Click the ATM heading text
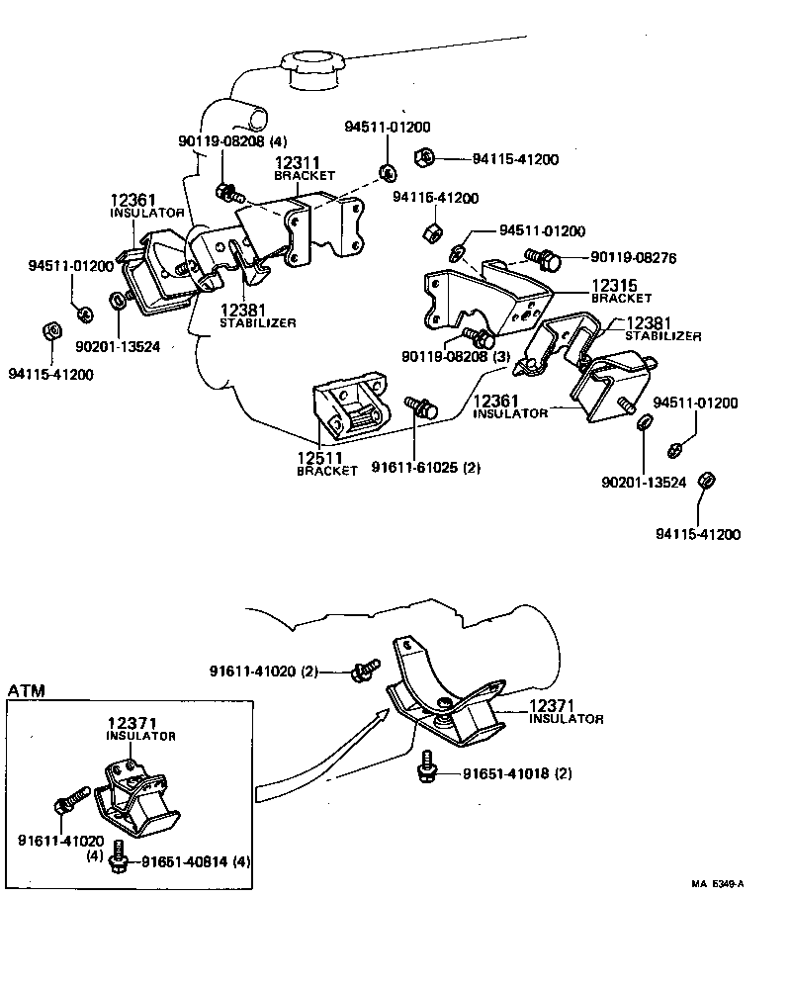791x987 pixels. click(27, 689)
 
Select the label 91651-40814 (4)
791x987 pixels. click(196, 860)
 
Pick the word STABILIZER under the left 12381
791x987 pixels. click(257, 322)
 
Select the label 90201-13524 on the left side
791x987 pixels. click(118, 347)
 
